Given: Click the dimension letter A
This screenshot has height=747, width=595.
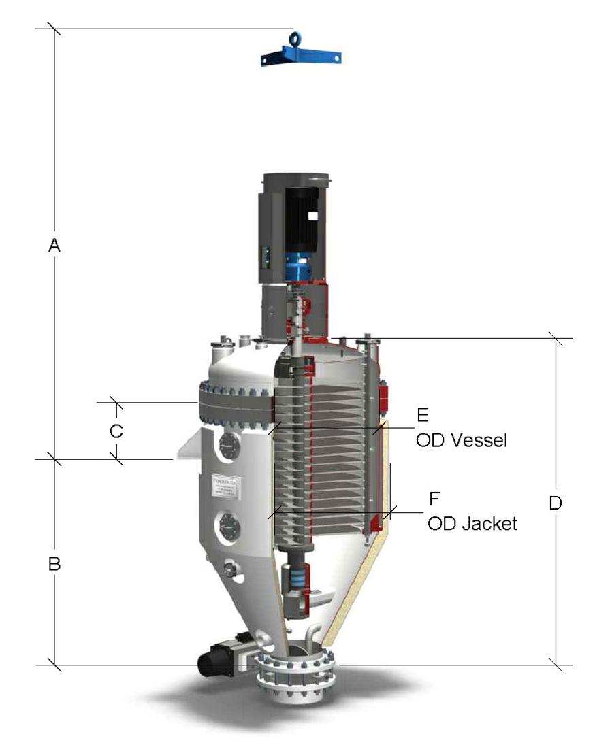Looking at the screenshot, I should point(54,246).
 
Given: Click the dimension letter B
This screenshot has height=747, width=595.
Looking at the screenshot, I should point(54,564).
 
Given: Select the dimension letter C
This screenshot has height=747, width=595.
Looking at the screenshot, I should point(116,431).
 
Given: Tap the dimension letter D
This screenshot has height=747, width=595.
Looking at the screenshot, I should point(556,503).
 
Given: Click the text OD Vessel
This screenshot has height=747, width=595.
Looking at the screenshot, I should point(461,440).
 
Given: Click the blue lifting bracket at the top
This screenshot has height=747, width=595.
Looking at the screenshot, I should point(300,54).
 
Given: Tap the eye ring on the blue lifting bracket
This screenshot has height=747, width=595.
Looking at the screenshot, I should point(296,37).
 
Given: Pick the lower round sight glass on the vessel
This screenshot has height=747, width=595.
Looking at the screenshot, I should point(228,525).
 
